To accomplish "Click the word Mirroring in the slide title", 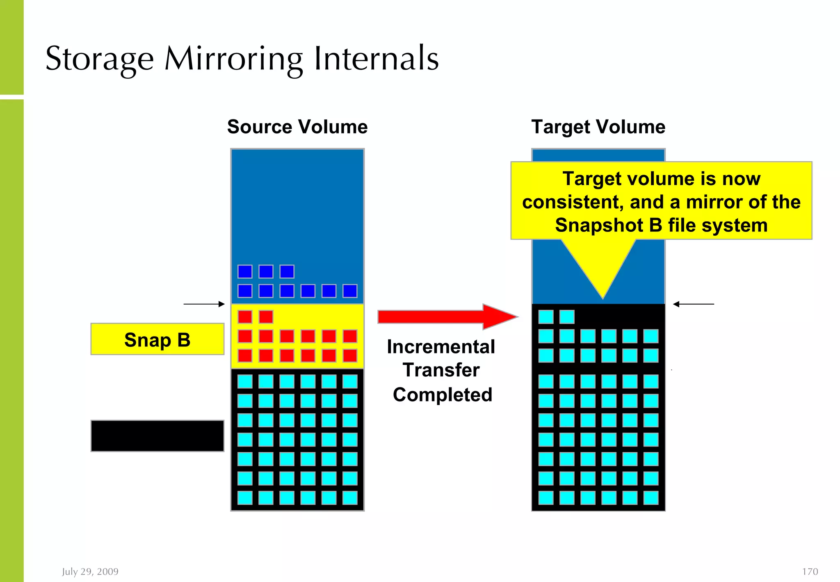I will (234, 59).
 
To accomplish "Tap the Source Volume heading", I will (297, 127).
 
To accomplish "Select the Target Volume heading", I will (598, 127).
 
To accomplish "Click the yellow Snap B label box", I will (157, 339).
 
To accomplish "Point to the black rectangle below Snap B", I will (157, 436).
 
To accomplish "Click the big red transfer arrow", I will (447, 317).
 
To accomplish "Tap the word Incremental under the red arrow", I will (441, 347).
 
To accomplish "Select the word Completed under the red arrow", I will (442, 395).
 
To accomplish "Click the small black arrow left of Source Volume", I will (204, 304).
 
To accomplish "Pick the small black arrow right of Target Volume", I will (693, 304).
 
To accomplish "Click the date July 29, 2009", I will (90, 572).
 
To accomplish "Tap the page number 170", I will (810, 572).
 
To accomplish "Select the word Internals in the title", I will (376, 59).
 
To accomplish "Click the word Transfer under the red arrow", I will (441, 370).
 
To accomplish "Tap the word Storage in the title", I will (100, 59).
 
